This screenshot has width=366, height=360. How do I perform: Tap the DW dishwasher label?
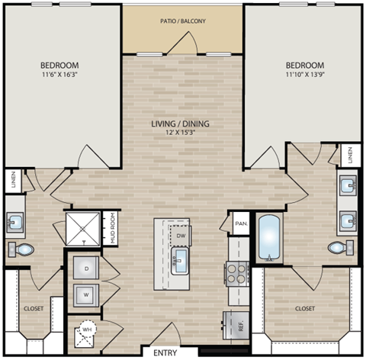click(180, 236)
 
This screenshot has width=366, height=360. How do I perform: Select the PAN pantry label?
click(241, 224)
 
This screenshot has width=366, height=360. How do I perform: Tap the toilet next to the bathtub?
click(340, 246)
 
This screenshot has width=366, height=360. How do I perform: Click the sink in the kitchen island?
click(180, 263)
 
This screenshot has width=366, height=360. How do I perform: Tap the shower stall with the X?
click(82, 227)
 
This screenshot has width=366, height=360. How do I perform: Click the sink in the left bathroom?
click(17, 223)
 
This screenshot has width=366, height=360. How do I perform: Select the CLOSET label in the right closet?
click(307, 309)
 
